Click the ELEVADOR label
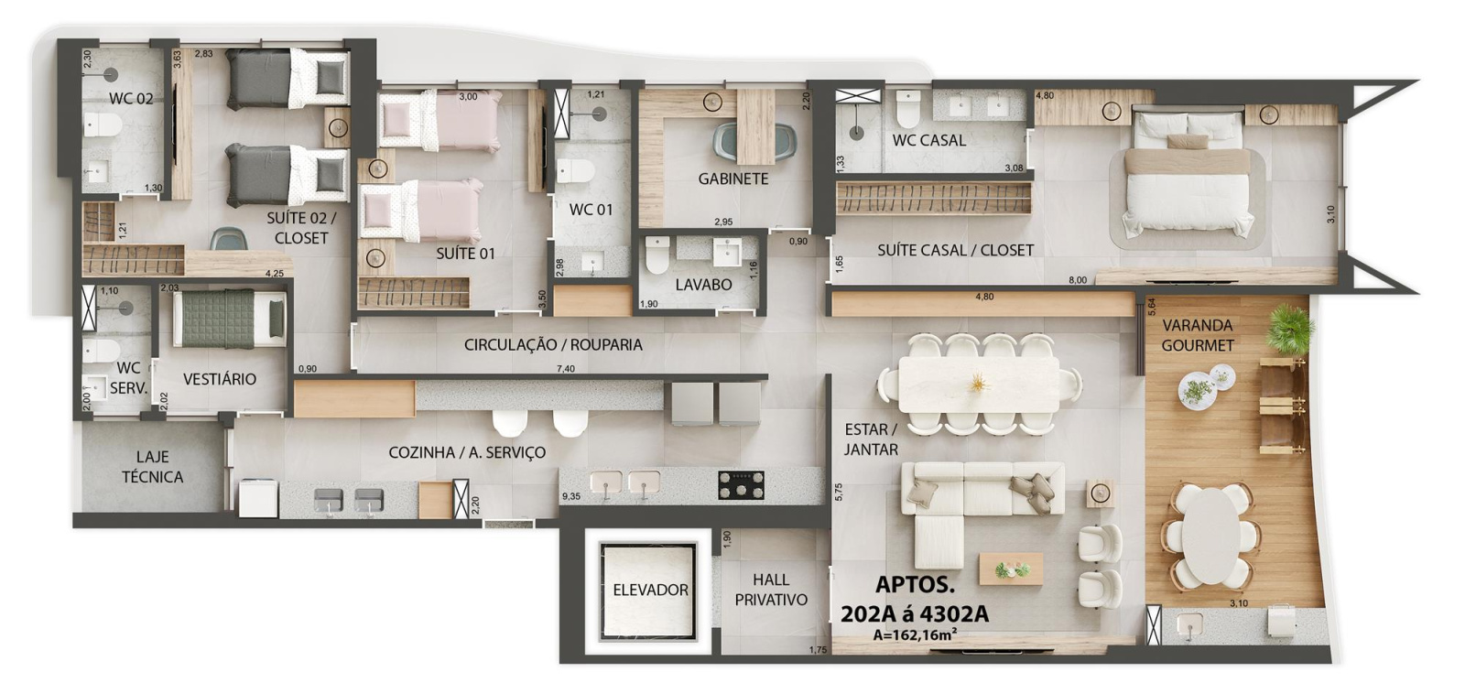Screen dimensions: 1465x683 (x=650, y=591)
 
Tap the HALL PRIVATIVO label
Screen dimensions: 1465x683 (x=770, y=590)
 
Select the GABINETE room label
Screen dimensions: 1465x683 (x=733, y=179)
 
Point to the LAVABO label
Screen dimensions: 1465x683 (x=703, y=285)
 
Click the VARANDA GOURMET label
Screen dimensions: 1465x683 (x=1197, y=335)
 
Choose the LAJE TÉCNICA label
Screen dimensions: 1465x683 (x=152, y=466)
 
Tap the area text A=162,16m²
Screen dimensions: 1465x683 (x=915, y=634)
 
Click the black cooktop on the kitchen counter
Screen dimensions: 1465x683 (x=741, y=484)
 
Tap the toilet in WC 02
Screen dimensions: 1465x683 (x=103, y=125)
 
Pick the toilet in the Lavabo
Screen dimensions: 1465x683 (x=657, y=255)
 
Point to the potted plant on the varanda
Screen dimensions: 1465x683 (x=1289, y=328)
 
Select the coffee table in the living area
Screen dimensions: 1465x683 (x=1011, y=568)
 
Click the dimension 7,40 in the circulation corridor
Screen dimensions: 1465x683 (x=565, y=369)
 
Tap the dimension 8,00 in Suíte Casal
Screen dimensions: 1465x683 (x=1077, y=280)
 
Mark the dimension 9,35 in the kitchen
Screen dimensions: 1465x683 (x=570, y=496)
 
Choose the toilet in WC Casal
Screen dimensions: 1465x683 (x=908, y=109)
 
